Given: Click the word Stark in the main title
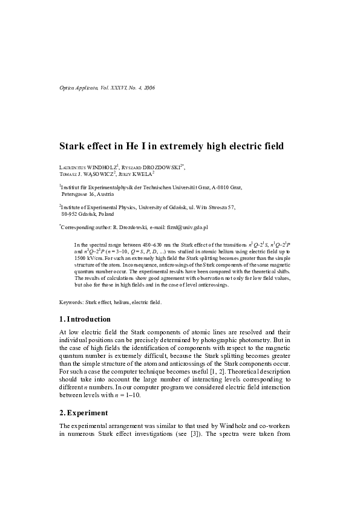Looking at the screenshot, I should tap(74, 146).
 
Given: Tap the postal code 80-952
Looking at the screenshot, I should tap(71, 214).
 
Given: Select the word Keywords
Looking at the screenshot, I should tap(71, 301).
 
